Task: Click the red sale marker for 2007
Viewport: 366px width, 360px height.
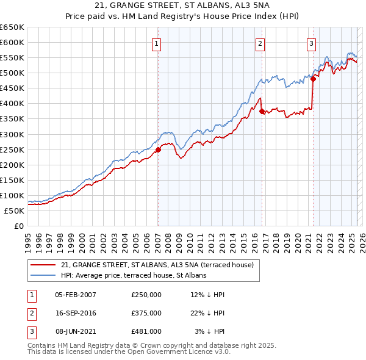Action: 158,149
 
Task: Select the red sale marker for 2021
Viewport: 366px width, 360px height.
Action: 313,78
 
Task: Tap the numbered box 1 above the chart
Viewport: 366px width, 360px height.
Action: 157,43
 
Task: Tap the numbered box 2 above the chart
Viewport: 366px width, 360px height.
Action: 260,43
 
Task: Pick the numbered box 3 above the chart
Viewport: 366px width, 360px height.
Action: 312,43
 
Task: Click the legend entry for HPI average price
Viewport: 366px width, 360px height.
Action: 134,275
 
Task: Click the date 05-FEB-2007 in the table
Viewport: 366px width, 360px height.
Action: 75,295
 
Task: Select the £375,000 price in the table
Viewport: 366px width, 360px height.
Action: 146,313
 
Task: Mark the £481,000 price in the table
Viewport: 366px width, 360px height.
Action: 146,331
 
